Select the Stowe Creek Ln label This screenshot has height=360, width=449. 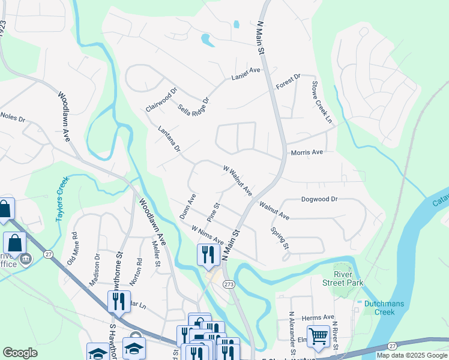tap(321, 99)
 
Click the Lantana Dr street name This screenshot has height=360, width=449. tap(169, 138)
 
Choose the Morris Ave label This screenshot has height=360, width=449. tap(307, 152)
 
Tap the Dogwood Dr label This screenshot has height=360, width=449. tap(319, 199)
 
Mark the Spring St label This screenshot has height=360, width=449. tap(280, 238)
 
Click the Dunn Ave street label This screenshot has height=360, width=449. tap(188, 206)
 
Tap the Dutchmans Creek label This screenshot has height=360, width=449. tap(379, 308)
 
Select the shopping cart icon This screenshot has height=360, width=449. tap(318, 337)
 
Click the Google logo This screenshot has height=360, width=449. tap(20, 353)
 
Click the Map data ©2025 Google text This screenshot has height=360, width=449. tap(411, 355)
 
